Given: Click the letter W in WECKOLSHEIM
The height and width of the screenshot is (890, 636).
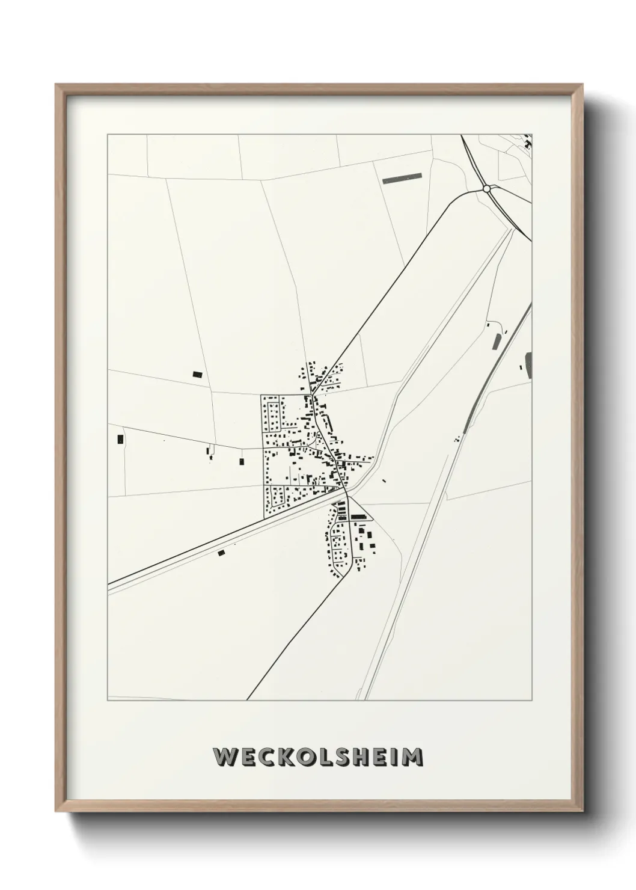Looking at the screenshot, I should pos(224,757).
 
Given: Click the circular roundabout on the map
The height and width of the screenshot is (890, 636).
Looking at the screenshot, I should pos(486,189).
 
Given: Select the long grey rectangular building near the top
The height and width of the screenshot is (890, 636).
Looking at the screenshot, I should pos(402,177).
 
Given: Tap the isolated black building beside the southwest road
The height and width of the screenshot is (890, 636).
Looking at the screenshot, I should pos(221,552).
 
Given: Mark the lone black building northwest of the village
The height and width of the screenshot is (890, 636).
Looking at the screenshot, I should pos(197,374).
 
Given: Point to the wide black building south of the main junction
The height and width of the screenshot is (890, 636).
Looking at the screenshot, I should pos(358,517).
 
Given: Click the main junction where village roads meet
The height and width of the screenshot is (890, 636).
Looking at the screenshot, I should pos(346,491).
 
